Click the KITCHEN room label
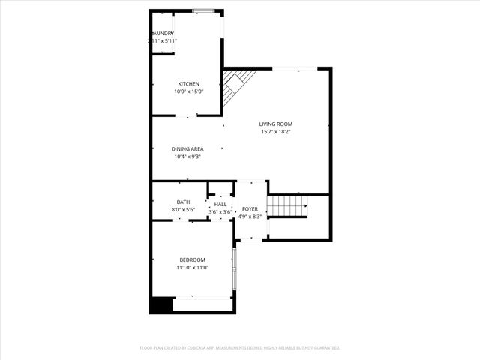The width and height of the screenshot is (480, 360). click(x=188, y=83)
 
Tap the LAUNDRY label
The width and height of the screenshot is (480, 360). click(x=163, y=34)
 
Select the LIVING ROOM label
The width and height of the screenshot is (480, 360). click(x=275, y=124)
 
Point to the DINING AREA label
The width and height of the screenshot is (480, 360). click(x=188, y=148)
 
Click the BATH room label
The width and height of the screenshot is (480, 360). click(x=183, y=202)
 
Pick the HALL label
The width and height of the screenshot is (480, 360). click(x=220, y=204)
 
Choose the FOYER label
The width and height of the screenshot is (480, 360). click(x=250, y=208)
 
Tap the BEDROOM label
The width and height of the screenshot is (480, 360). click(x=192, y=259)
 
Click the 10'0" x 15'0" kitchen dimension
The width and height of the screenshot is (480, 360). click(x=188, y=91)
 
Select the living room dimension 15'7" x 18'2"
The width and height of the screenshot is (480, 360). click(x=275, y=132)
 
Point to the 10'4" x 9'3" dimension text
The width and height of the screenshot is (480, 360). click(x=188, y=157)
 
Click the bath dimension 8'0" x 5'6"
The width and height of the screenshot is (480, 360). click(x=183, y=210)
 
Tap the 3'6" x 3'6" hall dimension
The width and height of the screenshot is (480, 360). click(x=220, y=212)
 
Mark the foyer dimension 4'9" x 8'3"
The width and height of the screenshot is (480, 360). click(x=250, y=217)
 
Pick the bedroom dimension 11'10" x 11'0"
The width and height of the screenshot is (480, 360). click(x=192, y=268)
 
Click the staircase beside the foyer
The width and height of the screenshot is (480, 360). click(x=288, y=205)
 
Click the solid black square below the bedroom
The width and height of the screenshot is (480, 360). click(x=160, y=305)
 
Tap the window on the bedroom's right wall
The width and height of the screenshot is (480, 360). click(x=234, y=270)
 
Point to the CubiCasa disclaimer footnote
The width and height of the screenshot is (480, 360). click(x=240, y=348)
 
